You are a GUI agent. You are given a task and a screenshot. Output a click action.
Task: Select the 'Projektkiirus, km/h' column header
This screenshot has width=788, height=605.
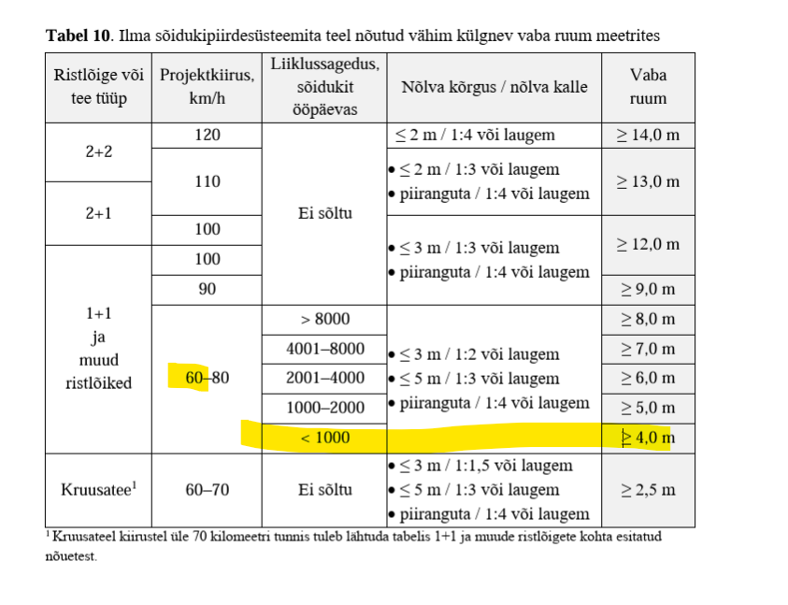tap(208, 87)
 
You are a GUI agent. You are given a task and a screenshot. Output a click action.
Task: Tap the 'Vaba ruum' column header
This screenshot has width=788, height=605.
tap(648, 87)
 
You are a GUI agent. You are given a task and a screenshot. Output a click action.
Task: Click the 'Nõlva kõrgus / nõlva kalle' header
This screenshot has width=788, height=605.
tap(494, 87)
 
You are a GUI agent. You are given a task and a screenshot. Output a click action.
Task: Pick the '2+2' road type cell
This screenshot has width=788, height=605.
tap(99, 151)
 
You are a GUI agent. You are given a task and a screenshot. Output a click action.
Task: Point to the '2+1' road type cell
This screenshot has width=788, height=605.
tap(99, 213)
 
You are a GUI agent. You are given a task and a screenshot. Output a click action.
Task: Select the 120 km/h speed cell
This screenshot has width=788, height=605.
tap(208, 136)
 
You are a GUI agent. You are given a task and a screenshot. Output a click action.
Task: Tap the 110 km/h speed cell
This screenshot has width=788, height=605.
tap(208, 181)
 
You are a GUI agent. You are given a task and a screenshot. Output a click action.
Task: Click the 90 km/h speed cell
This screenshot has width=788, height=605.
tap(208, 290)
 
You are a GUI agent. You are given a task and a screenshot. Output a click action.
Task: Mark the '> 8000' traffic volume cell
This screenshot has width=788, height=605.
tap(324, 320)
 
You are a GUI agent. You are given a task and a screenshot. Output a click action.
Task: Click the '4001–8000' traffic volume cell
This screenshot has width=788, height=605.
tap(324, 349)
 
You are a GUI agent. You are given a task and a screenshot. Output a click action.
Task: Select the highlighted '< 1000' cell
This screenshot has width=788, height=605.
tap(324, 438)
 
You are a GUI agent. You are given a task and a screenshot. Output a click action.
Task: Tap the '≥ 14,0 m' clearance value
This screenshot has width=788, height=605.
tap(648, 136)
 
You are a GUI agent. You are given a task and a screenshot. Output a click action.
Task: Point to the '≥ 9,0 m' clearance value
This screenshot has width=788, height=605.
tap(648, 290)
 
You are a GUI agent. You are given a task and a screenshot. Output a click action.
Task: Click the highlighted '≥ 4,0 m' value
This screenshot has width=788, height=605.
tap(648, 438)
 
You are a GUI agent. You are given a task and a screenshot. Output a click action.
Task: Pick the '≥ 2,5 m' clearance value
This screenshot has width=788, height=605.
tap(648, 489)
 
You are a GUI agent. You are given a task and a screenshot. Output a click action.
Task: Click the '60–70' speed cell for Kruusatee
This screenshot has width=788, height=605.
tap(208, 489)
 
